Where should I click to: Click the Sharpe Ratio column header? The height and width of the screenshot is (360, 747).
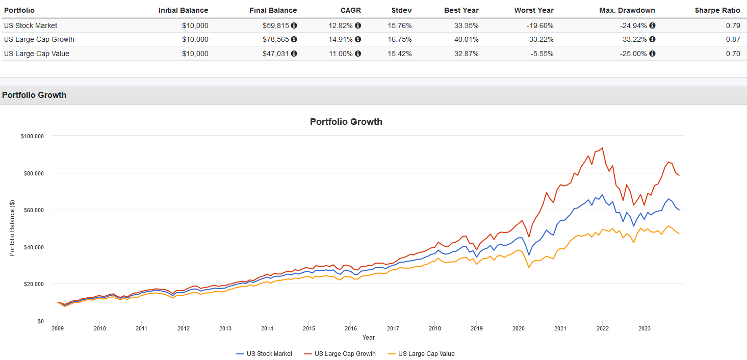click(717, 10)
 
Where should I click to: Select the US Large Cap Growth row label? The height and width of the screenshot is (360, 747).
click(39, 39)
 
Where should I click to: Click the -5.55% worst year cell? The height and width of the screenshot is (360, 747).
click(540, 54)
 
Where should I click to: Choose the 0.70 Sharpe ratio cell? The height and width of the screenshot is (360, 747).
click(733, 54)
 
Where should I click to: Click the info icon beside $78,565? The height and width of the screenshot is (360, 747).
click(294, 39)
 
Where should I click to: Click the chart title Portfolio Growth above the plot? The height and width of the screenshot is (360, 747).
click(346, 122)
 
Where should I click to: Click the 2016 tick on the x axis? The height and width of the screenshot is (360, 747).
click(351, 328)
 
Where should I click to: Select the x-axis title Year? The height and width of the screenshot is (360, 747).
click(369, 338)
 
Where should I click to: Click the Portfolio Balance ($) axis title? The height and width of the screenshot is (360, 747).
click(12, 228)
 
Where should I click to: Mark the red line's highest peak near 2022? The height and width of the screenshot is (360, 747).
click(603, 148)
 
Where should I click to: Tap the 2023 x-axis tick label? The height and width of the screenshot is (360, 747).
click(645, 328)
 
